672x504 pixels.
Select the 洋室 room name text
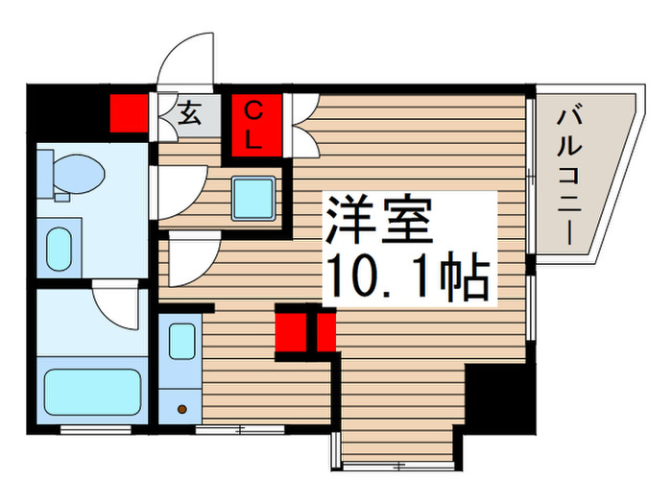tap(375, 223)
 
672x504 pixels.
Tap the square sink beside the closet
tap(254, 198)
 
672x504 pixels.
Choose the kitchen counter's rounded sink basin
tap(181, 342)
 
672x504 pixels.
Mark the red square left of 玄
tap(129, 114)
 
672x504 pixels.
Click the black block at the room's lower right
tap(498, 397)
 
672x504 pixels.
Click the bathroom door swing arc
tap(117, 310)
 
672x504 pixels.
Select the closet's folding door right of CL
tap(301, 124)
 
